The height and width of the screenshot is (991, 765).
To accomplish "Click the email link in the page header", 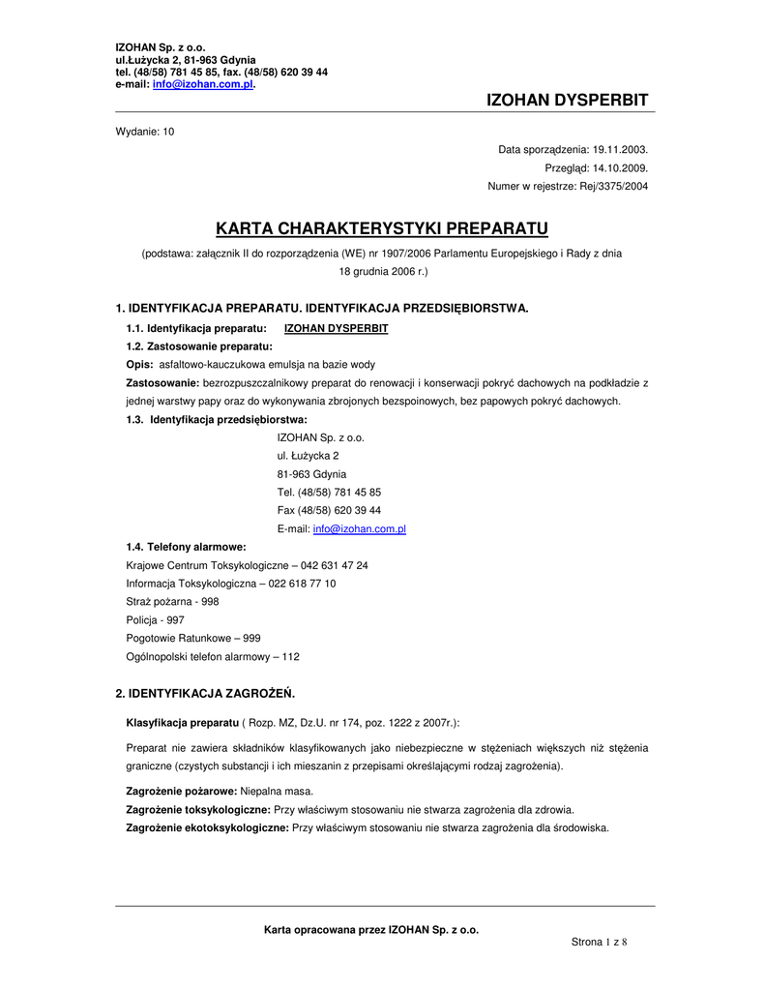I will click(x=203, y=85).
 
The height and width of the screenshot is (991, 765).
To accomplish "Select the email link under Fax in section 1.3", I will click(x=359, y=529).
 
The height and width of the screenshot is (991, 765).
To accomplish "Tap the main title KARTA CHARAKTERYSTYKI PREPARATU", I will click(x=382, y=228).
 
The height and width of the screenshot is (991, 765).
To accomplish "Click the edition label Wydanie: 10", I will click(x=145, y=132).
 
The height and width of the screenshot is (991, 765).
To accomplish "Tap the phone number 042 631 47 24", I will click(x=335, y=565).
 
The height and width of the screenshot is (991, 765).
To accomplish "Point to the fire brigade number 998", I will click(x=210, y=602).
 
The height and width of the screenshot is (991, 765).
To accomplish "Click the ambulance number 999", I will click(x=251, y=639).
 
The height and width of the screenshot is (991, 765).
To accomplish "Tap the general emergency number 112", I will click(x=290, y=657).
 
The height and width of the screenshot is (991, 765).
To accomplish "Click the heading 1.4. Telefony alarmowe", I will click(x=186, y=547).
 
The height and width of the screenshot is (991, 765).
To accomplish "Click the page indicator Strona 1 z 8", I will click(x=600, y=942).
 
